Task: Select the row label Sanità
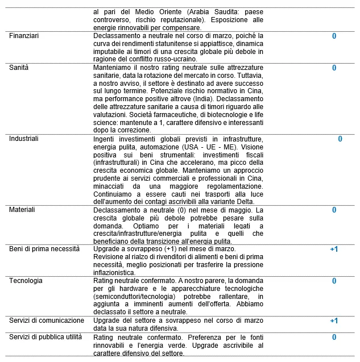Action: pyautogui.click(x=19, y=68)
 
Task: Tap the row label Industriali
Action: pyautogui.click(x=24, y=139)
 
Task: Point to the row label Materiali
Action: pyautogui.click(x=22, y=210)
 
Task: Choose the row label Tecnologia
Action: pyautogui.click(x=26, y=281)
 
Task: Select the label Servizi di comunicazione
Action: pyautogui.click(x=47, y=321)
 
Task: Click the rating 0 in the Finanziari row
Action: pyautogui.click(x=334, y=36)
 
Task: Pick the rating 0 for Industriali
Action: pyautogui.click(x=340, y=139)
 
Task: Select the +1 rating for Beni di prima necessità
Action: pyautogui.click(x=334, y=249)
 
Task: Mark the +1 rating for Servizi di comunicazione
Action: pyautogui.click(x=334, y=321)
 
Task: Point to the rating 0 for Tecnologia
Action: pyautogui.click(x=334, y=281)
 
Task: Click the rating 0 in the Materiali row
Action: pyautogui.click(x=334, y=210)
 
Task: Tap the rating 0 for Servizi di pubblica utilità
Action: pyautogui.click(x=334, y=337)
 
